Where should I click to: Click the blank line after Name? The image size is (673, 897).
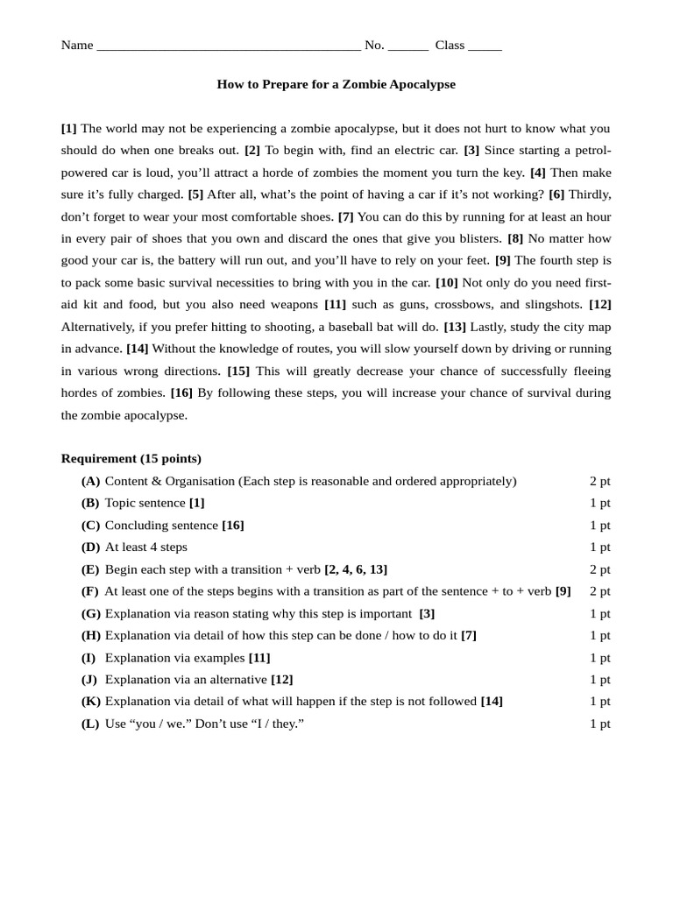(228, 46)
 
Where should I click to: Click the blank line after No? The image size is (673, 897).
(407, 46)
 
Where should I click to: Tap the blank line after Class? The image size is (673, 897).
(485, 46)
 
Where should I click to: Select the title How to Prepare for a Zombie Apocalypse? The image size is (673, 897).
(336, 85)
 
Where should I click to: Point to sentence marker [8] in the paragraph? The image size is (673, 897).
(515, 238)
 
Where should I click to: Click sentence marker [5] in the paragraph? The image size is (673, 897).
(195, 194)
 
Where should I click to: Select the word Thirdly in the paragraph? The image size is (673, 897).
(590, 194)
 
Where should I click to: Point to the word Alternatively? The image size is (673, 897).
(96, 327)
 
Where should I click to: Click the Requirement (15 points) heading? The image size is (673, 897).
(131, 458)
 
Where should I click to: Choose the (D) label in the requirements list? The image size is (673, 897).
(90, 547)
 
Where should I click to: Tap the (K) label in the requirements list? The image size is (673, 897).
(90, 702)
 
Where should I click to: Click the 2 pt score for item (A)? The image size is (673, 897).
(599, 481)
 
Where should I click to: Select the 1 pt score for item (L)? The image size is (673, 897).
(599, 724)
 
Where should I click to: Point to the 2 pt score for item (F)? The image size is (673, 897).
(599, 591)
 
